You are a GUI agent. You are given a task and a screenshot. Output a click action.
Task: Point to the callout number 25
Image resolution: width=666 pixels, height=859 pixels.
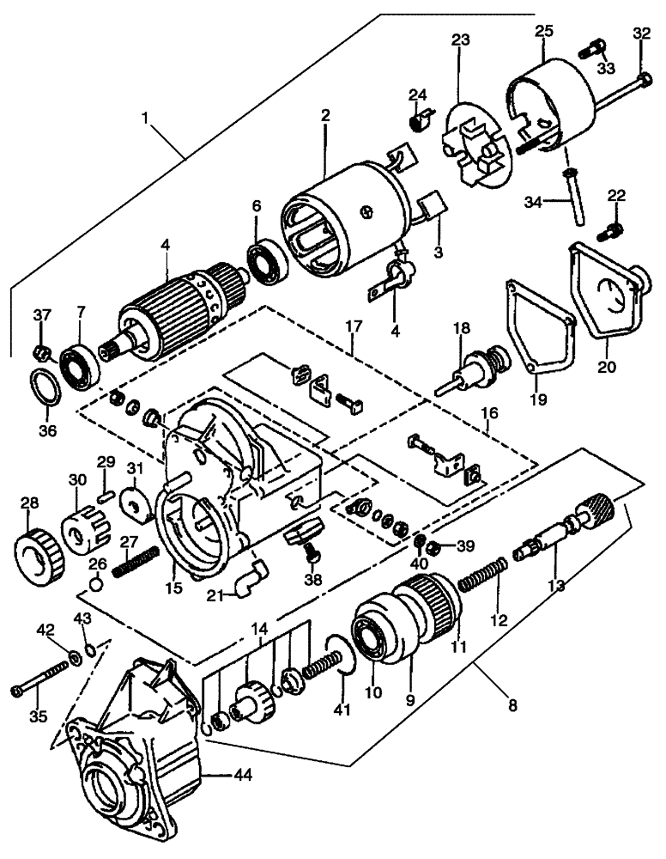544,31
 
